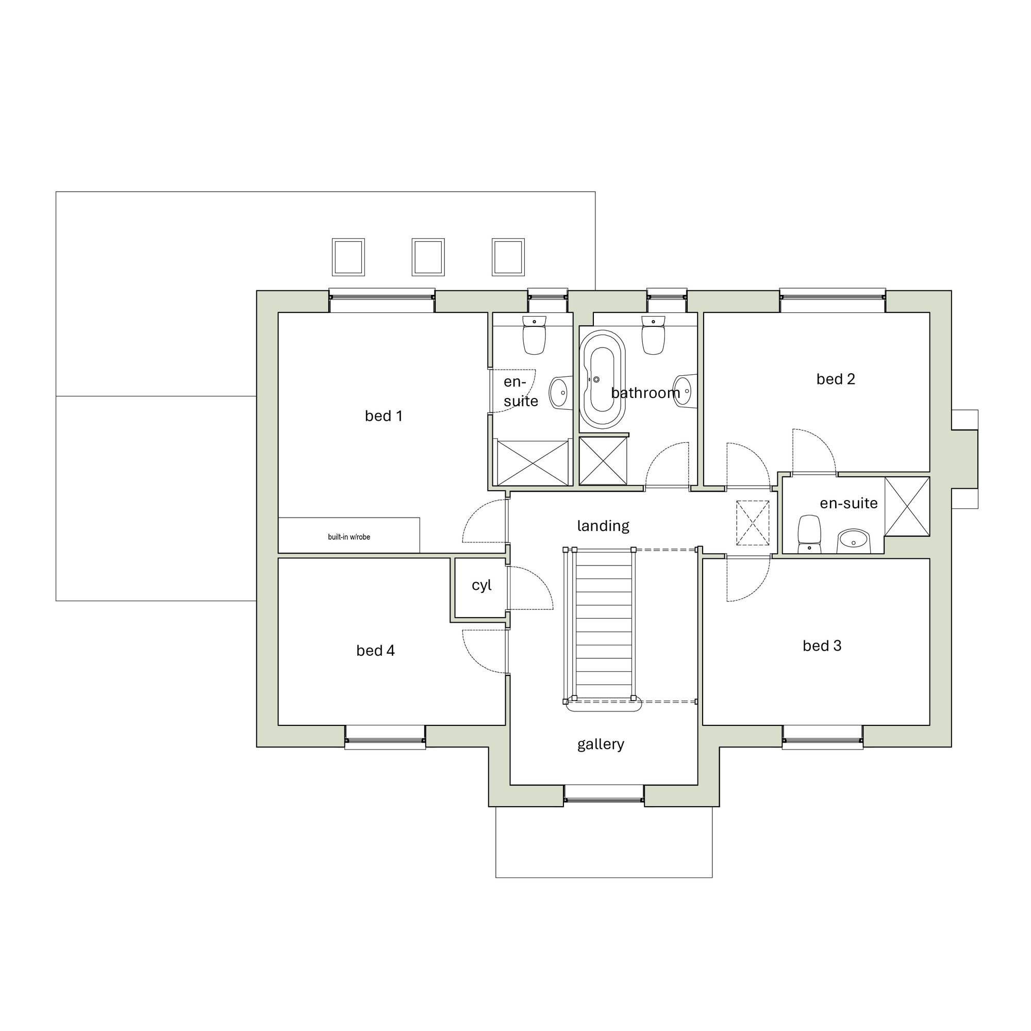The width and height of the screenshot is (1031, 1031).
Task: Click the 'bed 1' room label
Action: [383, 415]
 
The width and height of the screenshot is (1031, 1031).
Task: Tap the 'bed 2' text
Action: [835, 379]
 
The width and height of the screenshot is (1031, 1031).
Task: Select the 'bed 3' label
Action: [821, 646]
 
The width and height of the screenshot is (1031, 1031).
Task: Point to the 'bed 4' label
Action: [375, 651]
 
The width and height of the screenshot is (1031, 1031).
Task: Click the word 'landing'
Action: [603, 526]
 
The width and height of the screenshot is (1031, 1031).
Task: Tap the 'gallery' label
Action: [601, 744]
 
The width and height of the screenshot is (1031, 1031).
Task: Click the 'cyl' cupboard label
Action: [481, 586]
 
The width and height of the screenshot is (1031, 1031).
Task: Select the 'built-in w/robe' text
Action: [348, 537]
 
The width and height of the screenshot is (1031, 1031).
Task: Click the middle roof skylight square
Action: [428, 257]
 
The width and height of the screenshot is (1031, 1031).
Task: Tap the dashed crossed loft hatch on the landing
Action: [753, 523]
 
